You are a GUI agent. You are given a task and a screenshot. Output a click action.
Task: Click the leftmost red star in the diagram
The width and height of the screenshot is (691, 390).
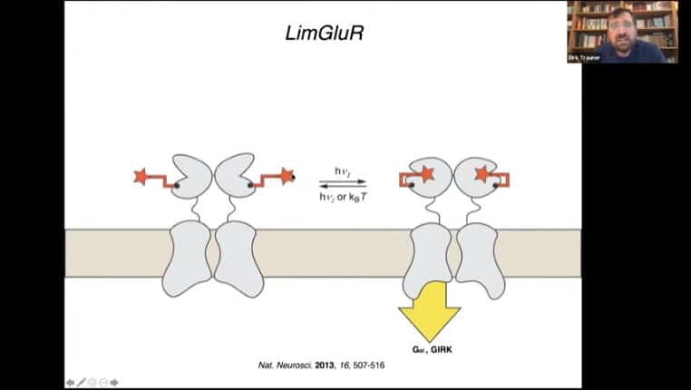[141, 176]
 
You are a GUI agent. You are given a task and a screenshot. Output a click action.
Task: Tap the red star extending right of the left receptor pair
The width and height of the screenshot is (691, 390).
[287, 175]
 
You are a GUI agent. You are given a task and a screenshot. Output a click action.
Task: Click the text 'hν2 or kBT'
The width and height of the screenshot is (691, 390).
[342, 195]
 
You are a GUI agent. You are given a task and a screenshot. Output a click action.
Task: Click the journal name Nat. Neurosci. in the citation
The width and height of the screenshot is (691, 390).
[284, 365]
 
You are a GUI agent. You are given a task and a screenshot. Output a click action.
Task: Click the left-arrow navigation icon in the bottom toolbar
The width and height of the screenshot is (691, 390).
[70, 382]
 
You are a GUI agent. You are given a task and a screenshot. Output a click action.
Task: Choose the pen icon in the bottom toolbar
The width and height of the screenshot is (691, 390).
[82, 382]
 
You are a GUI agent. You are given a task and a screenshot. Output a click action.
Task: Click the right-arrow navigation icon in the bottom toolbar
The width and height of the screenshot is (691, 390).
[115, 382]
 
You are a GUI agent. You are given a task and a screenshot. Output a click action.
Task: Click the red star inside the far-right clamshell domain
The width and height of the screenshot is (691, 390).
[482, 172]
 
